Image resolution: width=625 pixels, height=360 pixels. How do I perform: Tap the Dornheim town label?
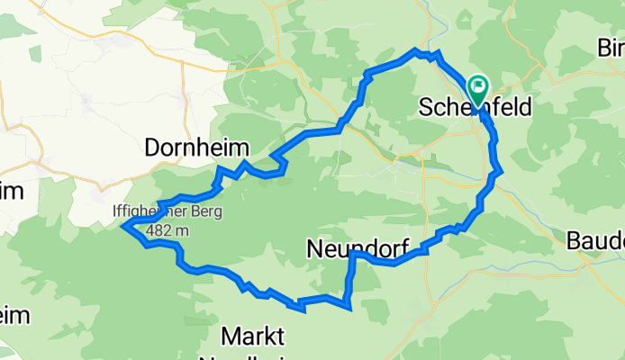[197, 148]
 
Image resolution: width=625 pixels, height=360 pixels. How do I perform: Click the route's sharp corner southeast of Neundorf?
[348, 306]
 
